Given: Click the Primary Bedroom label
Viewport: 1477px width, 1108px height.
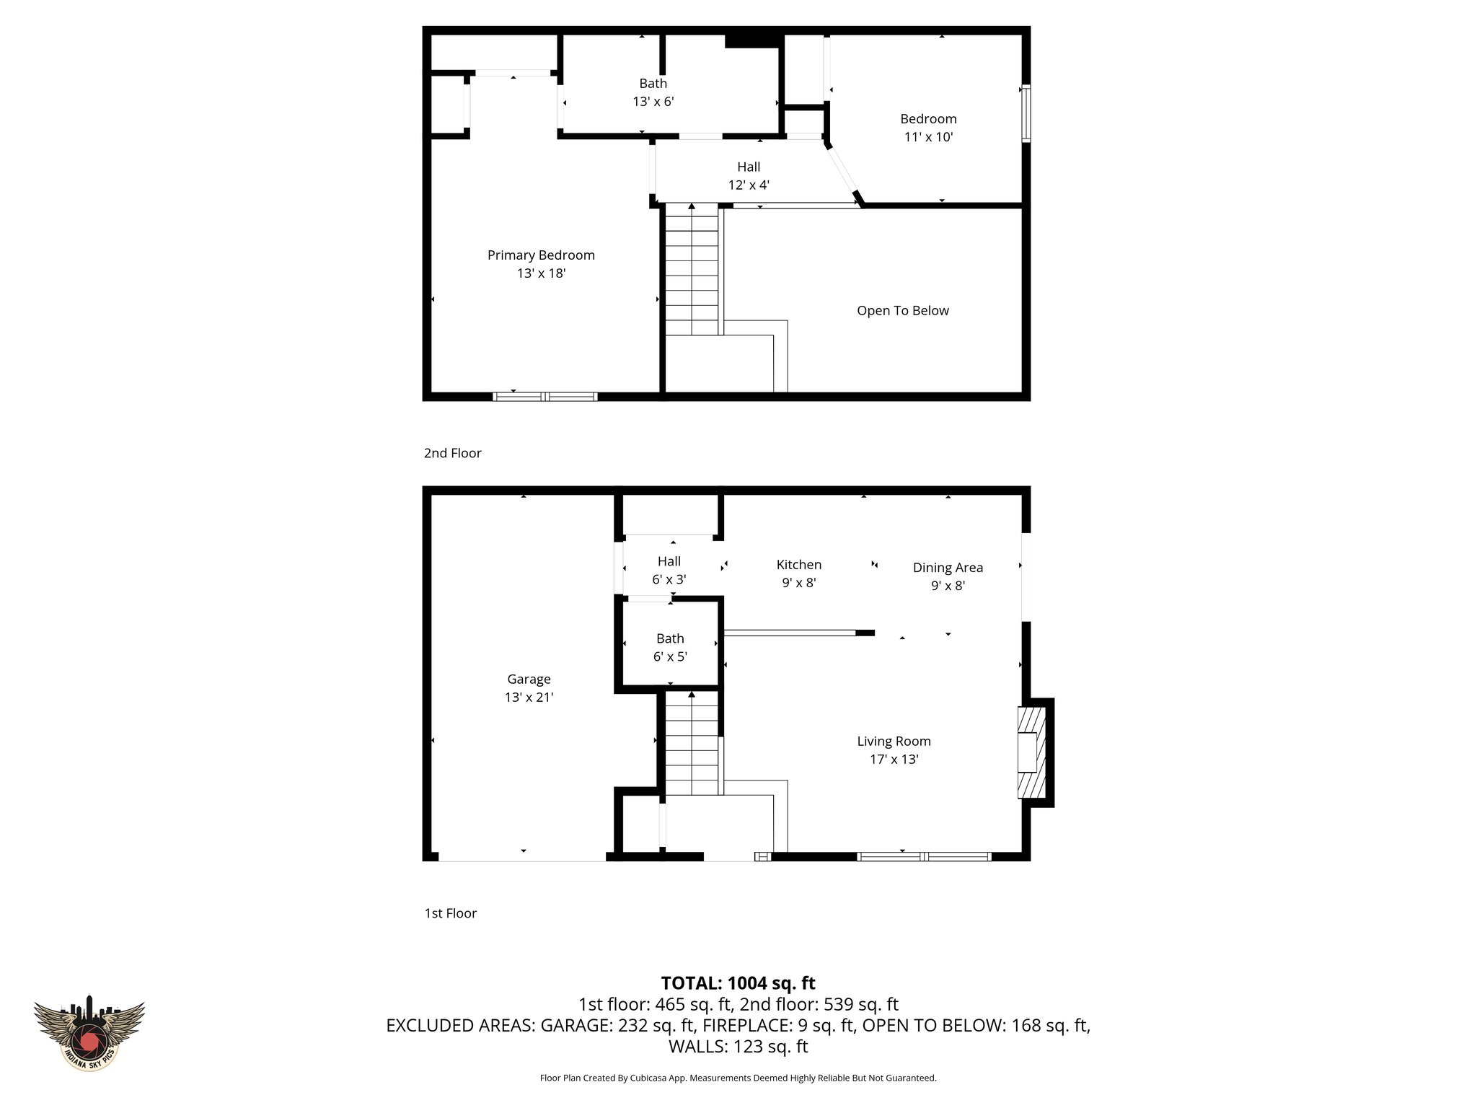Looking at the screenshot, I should [541, 255].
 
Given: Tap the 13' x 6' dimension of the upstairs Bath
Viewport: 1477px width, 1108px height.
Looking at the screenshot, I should [653, 102].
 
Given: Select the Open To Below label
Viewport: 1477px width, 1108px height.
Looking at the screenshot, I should [902, 311].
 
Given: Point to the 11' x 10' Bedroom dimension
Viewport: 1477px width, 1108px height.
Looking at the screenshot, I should [928, 137].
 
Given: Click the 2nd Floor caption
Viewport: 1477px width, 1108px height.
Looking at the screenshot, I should [452, 453].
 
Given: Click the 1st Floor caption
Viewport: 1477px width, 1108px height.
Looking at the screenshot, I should [450, 913].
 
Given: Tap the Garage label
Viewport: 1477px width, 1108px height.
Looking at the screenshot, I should [529, 679].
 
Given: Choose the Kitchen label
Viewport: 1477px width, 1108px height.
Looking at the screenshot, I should [798, 565].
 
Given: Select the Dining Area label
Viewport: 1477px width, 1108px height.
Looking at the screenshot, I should [948, 568].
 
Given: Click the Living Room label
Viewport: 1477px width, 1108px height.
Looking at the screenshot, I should [894, 741].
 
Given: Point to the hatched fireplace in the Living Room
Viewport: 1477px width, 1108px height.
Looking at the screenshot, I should [1031, 752].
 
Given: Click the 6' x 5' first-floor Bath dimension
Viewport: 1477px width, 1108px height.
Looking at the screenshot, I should [670, 657].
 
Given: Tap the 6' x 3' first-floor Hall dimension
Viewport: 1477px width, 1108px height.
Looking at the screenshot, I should [669, 579].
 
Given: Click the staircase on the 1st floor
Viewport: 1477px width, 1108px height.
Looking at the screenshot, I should [692, 743].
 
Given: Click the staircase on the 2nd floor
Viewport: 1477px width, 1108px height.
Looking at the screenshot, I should [692, 271].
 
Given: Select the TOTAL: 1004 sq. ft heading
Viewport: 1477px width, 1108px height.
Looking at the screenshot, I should [738, 983].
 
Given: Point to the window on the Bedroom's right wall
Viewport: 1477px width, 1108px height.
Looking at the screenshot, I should [1026, 113].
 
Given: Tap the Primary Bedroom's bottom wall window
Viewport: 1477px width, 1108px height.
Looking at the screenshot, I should [545, 397].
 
